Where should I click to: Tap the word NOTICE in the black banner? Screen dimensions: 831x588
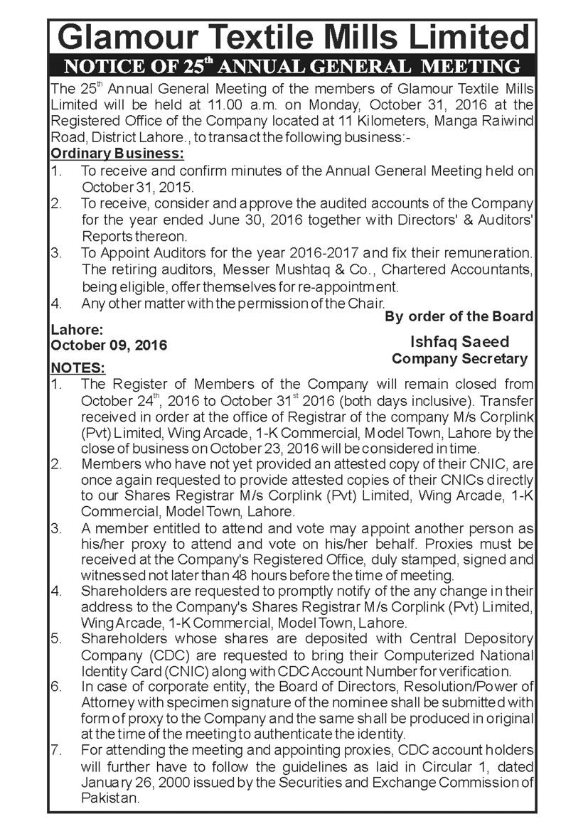click(101, 68)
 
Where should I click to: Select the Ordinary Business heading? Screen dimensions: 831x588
click(117, 153)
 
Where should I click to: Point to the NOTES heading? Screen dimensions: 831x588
click(77, 368)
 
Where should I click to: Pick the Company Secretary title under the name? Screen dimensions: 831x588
click(460, 359)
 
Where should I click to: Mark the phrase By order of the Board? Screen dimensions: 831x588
click(459, 316)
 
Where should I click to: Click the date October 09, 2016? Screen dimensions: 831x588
click(109, 345)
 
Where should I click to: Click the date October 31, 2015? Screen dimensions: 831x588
click(137, 187)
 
